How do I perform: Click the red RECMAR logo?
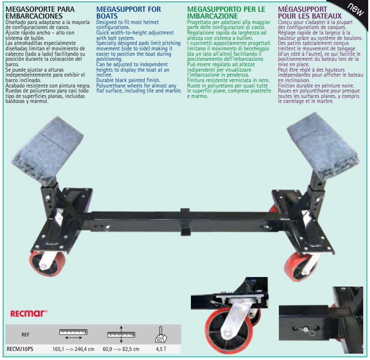29,313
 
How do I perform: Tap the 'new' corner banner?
355,10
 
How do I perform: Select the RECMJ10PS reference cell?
20,349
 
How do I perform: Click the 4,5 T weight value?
161,349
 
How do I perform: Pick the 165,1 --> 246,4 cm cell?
73,349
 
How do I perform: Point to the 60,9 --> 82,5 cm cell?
121,349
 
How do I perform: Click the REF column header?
25,335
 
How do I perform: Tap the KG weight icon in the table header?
161,335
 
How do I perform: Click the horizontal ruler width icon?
73,334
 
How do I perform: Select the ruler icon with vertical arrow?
121,334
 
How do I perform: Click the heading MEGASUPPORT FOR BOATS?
129,13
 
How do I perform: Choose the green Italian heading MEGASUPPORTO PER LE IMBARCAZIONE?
226,13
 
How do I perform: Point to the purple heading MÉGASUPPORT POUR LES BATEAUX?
310,13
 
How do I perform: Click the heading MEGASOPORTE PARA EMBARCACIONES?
40,13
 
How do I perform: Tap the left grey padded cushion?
48,150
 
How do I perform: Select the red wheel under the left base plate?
47,263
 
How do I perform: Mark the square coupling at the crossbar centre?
185,222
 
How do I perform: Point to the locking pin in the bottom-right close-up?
307,330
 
